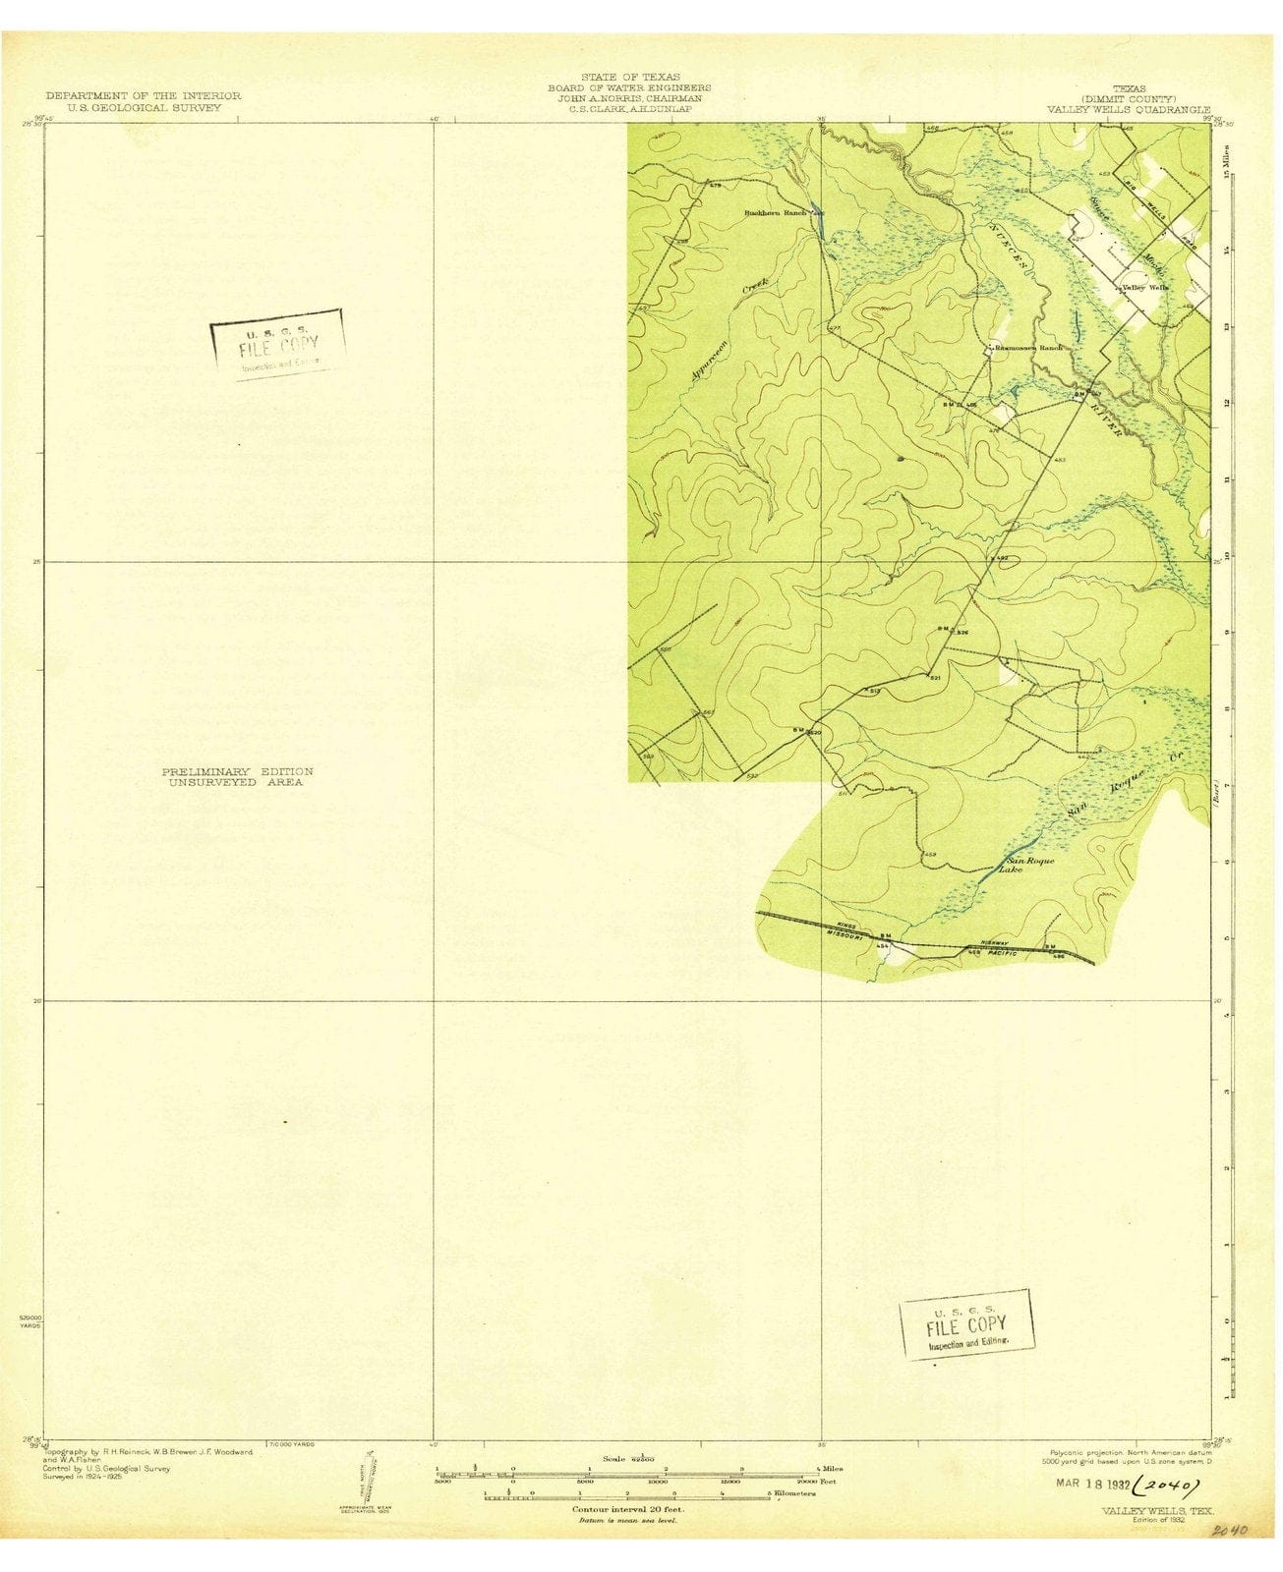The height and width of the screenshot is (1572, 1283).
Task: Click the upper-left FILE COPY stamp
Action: tap(278, 344)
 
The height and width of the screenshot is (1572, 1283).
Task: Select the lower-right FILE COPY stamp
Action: tap(967, 1324)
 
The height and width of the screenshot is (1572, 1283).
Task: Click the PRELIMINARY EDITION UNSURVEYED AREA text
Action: tap(237, 777)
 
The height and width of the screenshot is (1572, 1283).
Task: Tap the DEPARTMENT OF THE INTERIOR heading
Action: tap(144, 95)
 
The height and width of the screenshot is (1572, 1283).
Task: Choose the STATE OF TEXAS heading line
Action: tap(630, 77)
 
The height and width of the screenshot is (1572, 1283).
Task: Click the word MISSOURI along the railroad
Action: tap(849, 935)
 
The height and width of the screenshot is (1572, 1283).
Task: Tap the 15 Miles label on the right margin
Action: tap(1226, 161)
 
